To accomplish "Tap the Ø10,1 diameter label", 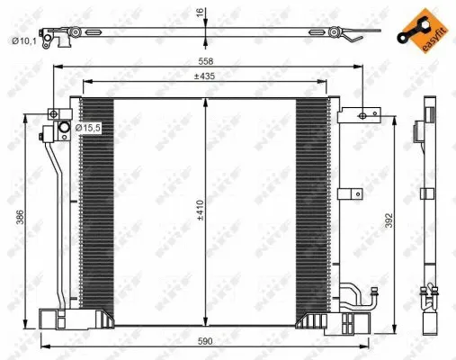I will [23, 40].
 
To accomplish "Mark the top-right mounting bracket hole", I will [364, 114].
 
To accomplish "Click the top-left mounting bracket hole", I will [53, 114].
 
